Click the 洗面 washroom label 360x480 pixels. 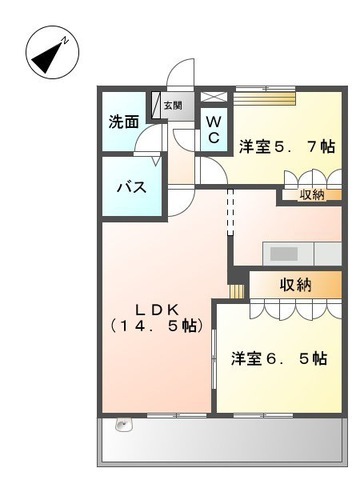point(124,122)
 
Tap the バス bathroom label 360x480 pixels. point(132,187)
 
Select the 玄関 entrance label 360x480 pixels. point(173,106)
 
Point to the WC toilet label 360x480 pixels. point(213,130)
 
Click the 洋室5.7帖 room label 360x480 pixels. point(287,147)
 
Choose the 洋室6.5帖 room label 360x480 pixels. point(279,359)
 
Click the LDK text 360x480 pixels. point(157,310)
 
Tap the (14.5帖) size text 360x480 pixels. point(157,325)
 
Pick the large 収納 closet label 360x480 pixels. point(295,285)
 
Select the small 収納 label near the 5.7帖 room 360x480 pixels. point(312,195)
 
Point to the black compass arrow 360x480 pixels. point(47,58)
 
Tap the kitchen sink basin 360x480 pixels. point(284,254)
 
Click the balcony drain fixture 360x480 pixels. point(125,424)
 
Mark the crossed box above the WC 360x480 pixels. point(214,96)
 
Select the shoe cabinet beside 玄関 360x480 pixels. point(156,105)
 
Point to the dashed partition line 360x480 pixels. point(230,212)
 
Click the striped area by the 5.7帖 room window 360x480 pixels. point(265,98)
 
